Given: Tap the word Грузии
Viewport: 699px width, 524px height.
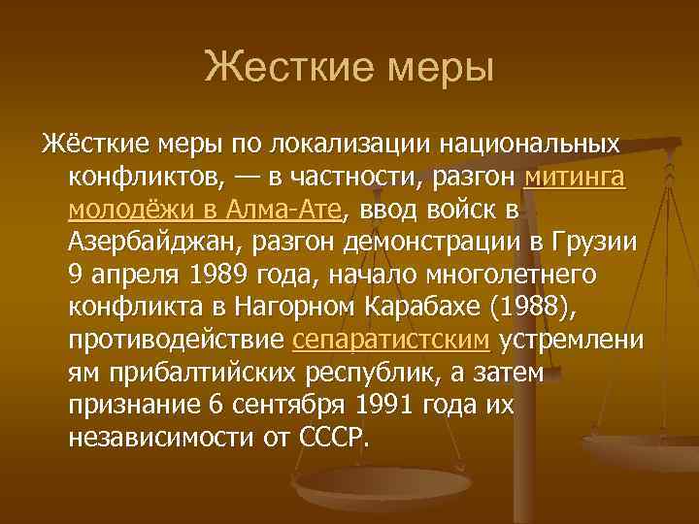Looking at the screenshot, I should click(594, 244).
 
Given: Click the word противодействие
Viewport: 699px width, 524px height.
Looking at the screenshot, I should click(177, 341).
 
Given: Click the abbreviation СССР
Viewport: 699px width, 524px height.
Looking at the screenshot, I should click(336, 439).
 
